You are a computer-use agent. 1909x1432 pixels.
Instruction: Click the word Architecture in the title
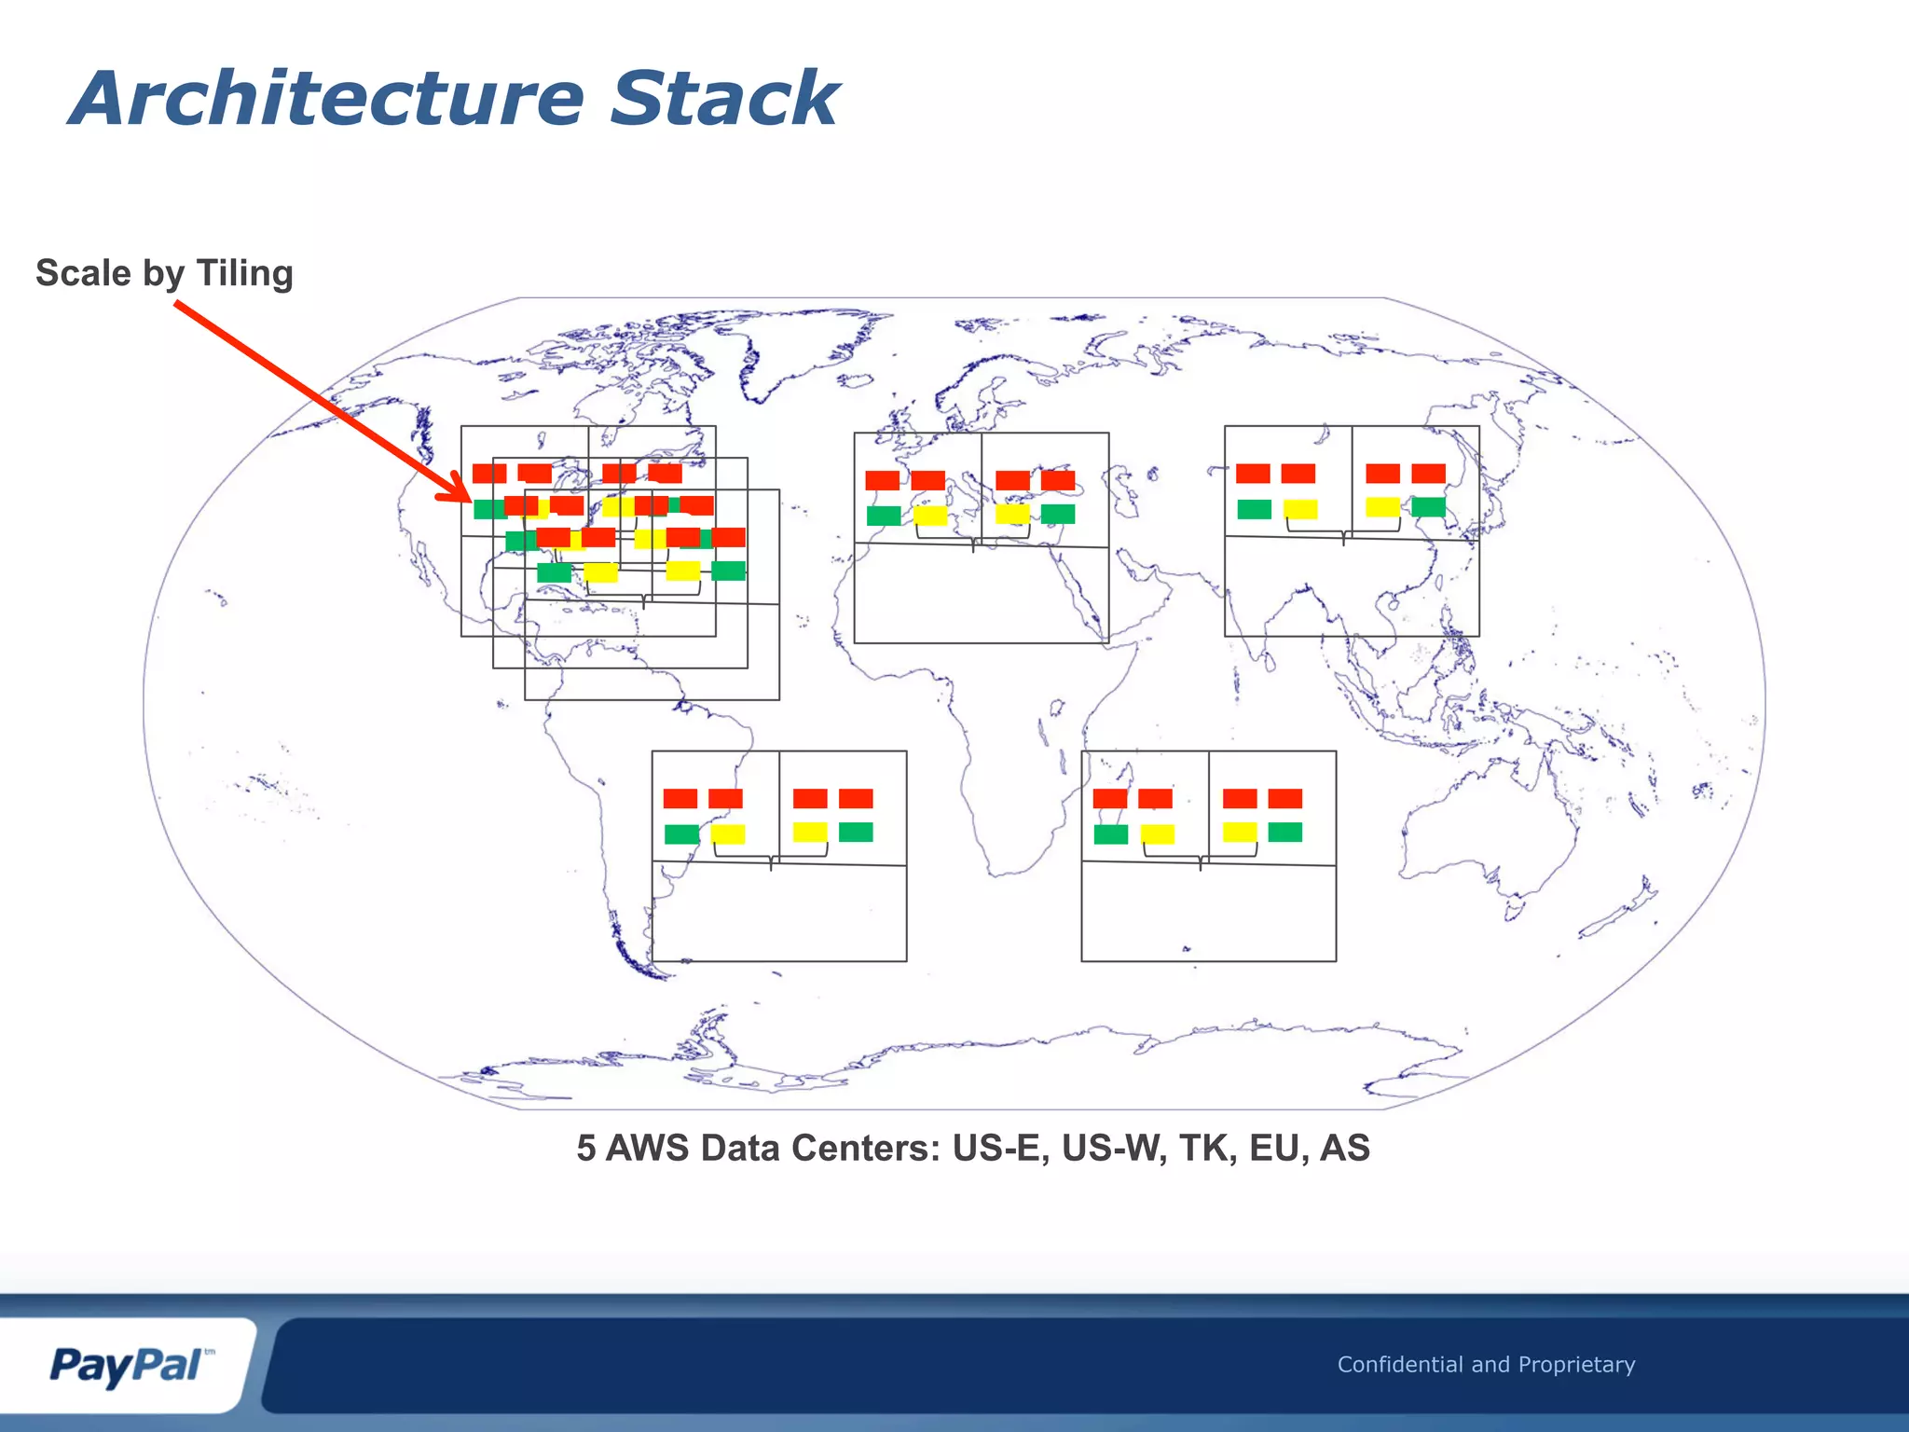tap(326, 99)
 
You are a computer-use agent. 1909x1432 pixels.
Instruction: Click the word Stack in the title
tap(724, 99)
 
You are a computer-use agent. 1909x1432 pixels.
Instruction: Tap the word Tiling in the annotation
tap(244, 274)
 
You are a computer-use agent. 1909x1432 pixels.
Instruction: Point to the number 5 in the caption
tap(585, 1149)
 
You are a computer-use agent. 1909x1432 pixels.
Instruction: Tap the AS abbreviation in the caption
tap(1345, 1149)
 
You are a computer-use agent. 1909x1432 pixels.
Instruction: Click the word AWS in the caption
tap(648, 1149)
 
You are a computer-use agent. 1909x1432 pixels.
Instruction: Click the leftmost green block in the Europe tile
tap(884, 516)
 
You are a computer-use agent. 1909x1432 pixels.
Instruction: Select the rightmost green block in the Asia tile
tap(1428, 507)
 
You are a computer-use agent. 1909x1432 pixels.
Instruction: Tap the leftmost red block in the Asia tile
tap(1253, 474)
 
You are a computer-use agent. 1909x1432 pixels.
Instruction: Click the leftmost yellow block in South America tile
tap(728, 833)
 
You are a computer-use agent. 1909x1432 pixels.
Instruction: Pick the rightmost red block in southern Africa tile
tap(1285, 798)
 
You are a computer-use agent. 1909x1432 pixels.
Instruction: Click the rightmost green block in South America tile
tap(856, 832)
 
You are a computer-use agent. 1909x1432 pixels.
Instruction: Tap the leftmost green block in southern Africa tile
tap(1111, 833)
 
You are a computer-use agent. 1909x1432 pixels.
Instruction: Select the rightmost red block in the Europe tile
tap(1058, 480)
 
